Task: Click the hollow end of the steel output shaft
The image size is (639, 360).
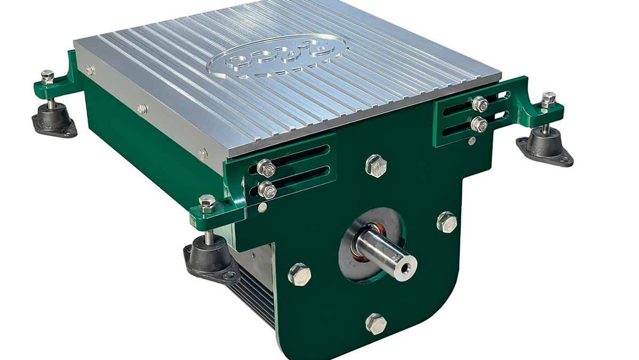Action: [408, 264]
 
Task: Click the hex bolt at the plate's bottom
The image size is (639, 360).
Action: [376, 323]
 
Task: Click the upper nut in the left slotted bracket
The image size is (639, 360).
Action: [265, 168]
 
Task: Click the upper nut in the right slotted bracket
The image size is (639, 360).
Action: [479, 103]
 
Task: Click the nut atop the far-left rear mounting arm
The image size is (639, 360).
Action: [47, 76]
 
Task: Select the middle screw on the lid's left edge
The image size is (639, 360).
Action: [142, 109]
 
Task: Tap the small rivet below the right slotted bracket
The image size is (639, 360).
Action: [473, 141]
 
